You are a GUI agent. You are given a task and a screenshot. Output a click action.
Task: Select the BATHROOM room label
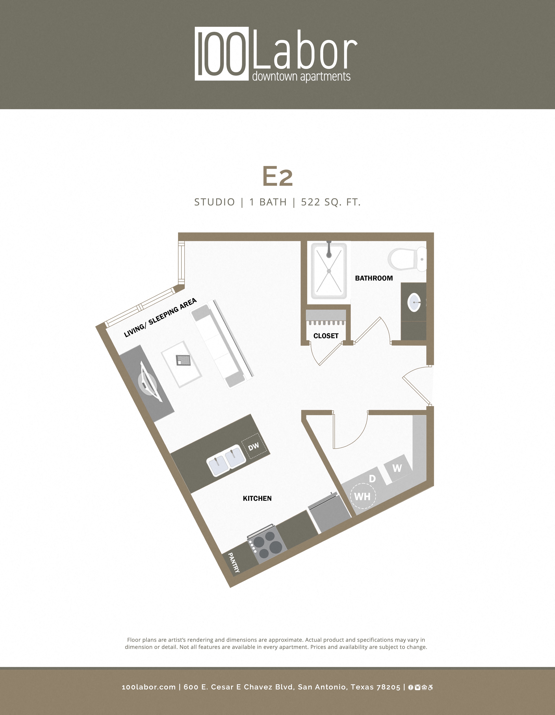point(374,278)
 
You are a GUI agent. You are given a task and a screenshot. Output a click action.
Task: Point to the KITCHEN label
point(257,498)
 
